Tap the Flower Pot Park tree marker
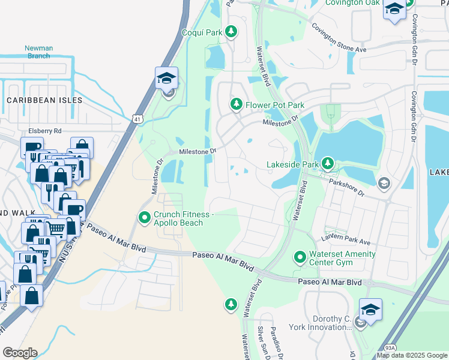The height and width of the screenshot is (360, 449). point(237,105)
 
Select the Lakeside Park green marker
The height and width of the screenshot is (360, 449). point(327,163)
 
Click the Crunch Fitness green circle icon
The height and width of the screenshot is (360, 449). point(144,218)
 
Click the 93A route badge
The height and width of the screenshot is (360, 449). point(390,347)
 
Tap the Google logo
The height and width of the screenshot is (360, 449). point(19,353)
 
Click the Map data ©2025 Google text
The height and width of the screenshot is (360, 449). point(412,355)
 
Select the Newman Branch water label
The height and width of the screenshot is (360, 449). point(38,52)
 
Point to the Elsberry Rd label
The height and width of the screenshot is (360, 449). point(45,130)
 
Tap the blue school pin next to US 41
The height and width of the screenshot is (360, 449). point(166,79)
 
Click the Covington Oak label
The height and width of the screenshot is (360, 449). point(352,3)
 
